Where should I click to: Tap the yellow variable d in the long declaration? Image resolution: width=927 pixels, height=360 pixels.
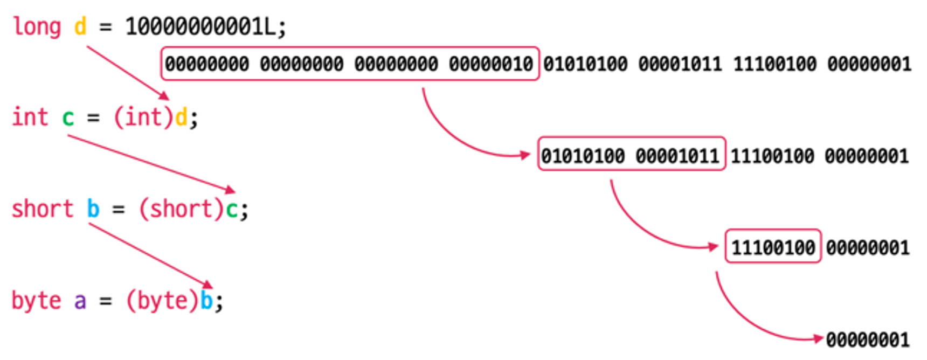pyautogui.click(x=80, y=25)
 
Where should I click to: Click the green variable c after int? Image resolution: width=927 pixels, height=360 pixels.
pyautogui.click(x=68, y=118)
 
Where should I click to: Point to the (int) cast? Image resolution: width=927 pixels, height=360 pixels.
pyautogui.click(x=144, y=117)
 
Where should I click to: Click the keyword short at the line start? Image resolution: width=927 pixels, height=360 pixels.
pyautogui.click(x=42, y=209)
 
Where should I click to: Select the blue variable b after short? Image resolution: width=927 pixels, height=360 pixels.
pyautogui.click(x=93, y=209)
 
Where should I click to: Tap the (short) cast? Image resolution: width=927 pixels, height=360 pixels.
pyautogui.click(x=181, y=209)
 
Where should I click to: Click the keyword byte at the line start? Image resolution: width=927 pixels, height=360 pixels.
pyautogui.click(x=36, y=301)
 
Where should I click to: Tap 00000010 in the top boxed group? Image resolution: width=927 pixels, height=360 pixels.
pyautogui.click(x=491, y=64)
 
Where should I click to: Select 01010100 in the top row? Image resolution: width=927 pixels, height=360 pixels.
pyautogui.click(x=585, y=64)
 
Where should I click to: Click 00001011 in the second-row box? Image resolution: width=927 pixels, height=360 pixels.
pyautogui.click(x=677, y=156)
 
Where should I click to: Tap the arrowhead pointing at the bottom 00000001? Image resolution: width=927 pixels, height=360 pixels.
pyautogui.click(x=818, y=339)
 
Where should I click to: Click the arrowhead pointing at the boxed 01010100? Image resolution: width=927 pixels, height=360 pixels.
pyautogui.click(x=525, y=155)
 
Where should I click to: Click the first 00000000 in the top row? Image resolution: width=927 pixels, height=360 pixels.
pyautogui.click(x=207, y=64)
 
